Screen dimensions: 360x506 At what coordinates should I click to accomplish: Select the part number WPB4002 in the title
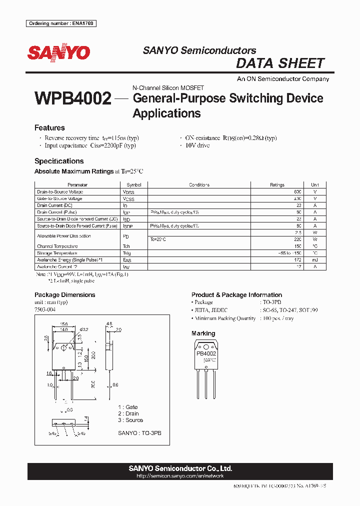pos(73,98)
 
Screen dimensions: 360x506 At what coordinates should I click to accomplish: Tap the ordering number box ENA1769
pos(61,23)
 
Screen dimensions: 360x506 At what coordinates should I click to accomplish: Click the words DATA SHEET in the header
pos(280,63)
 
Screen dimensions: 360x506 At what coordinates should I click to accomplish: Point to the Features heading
pos(49,127)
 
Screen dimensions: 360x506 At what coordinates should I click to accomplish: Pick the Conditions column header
pos(199,185)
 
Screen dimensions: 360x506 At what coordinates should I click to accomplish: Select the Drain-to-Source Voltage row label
pos(60,192)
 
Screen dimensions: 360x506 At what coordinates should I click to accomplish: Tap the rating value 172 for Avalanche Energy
pos(298,260)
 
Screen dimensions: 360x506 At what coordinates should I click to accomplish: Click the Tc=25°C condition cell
pos(158,239)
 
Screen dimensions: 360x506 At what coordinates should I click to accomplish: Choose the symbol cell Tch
pos(126,246)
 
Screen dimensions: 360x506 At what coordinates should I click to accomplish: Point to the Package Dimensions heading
pos(64,295)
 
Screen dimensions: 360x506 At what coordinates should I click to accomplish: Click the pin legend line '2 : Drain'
pos(128,413)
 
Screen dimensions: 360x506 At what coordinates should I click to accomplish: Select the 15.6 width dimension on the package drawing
pos(64,323)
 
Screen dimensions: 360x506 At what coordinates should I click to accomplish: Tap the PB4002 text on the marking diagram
pos(206,353)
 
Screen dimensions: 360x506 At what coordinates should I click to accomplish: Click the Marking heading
pos(203,333)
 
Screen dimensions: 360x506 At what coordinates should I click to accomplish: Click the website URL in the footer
pos(180,476)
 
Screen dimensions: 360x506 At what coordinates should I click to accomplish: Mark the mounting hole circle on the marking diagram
pos(206,346)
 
